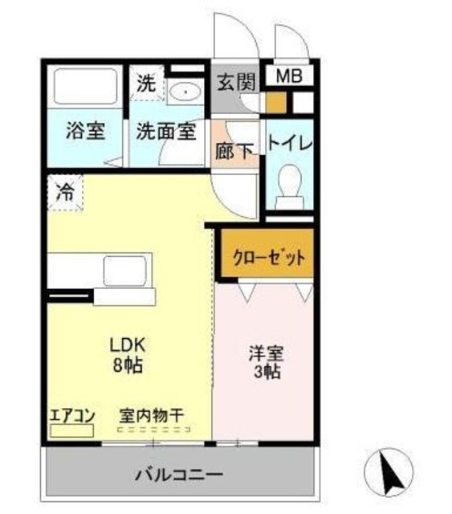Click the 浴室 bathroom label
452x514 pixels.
click(x=86, y=131)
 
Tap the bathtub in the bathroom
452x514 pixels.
click(x=85, y=88)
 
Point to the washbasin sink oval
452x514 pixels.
click(x=186, y=92)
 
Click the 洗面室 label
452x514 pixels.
click(x=165, y=132)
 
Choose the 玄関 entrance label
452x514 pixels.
click(x=235, y=82)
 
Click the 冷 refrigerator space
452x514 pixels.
click(x=65, y=193)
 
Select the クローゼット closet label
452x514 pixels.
click(x=269, y=259)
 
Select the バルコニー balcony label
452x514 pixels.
click(x=178, y=475)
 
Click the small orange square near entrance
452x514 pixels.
click(x=275, y=103)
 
